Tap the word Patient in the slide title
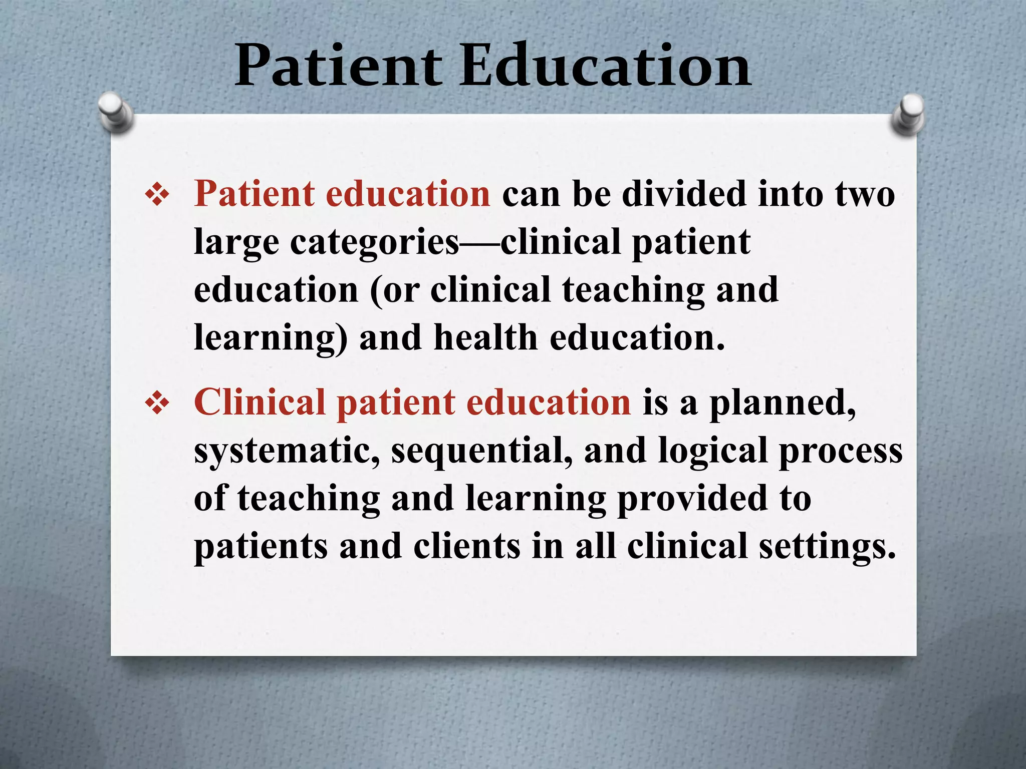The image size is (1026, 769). coord(338,66)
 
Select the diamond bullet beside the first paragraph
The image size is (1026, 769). coord(157,195)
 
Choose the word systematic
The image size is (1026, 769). coord(287,451)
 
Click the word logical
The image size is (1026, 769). coord(712,451)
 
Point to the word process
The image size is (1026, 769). coord(840,451)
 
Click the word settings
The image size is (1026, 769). coord(827,547)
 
